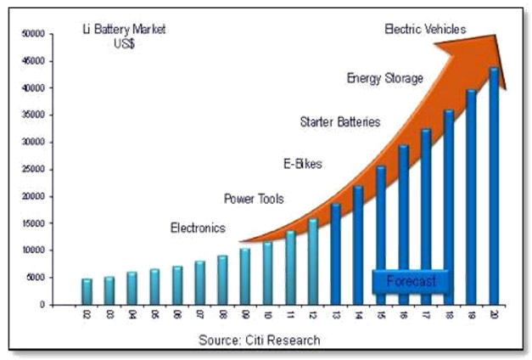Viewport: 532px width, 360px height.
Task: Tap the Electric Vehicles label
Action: (x=425, y=29)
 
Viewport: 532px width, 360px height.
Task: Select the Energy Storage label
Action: (x=384, y=78)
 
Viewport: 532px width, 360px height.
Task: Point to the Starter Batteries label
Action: (x=339, y=122)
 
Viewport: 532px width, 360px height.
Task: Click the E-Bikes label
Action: (x=303, y=163)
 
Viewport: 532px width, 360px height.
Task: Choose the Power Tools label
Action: (x=254, y=199)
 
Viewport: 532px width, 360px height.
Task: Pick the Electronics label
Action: (x=198, y=228)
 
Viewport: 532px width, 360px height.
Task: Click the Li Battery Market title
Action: (x=124, y=36)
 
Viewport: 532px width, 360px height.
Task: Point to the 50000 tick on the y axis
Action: (x=32, y=34)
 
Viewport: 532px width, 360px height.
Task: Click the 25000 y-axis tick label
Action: (x=32, y=169)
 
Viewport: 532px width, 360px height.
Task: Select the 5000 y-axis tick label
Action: (x=35, y=278)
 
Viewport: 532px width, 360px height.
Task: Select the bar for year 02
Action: (x=87, y=291)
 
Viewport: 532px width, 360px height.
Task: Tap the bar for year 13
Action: (x=335, y=254)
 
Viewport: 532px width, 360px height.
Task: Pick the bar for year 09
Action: (x=244, y=276)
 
